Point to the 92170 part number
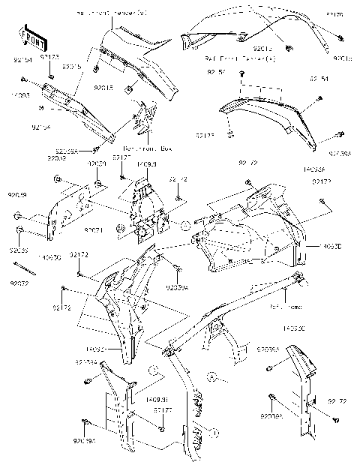click(x=334, y=14)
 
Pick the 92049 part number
click(x=18, y=195)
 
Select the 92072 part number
click(x=20, y=283)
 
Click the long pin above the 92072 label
click(x=24, y=271)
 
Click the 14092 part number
click(x=96, y=349)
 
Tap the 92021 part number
click(x=97, y=163)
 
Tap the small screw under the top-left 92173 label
click(x=49, y=75)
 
